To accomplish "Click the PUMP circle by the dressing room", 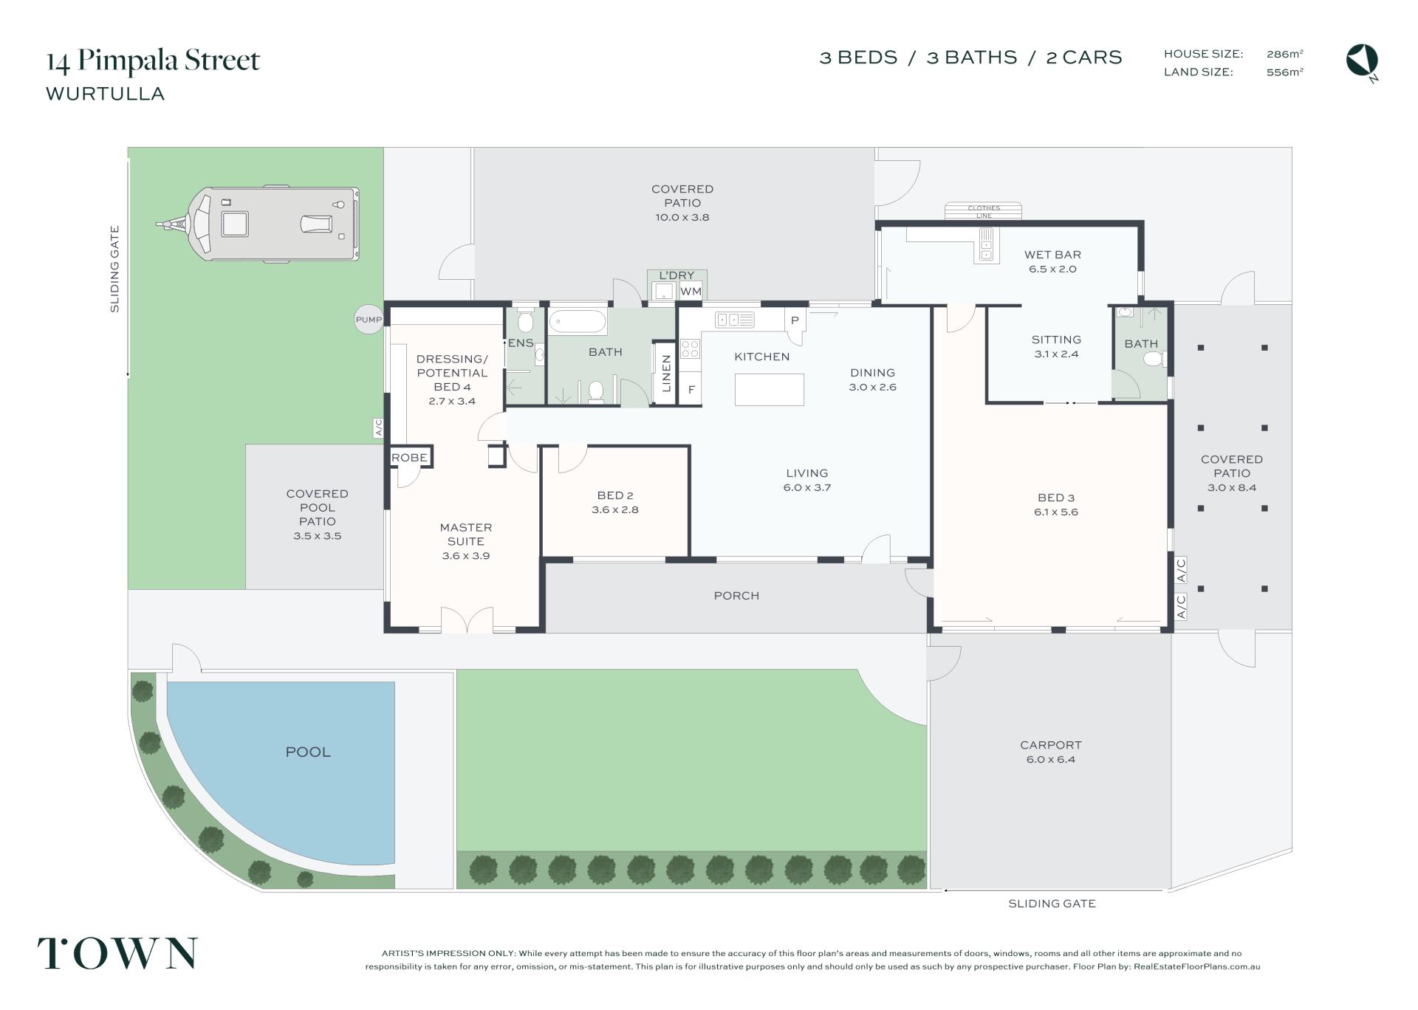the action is pos(369,320).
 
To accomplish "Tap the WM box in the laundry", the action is pos(691,292).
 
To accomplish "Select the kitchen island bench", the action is pos(769,389).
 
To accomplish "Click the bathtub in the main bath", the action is pos(578,323).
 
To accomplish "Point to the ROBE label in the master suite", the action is pos(409,458).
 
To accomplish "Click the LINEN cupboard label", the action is pos(666,374).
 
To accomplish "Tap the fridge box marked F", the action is pos(691,390).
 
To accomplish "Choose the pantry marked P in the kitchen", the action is pos(795,321).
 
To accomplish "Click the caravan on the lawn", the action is pos(258,224).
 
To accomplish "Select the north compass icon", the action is pos(1362,61).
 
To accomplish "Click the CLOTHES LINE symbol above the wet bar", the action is pos(984,212).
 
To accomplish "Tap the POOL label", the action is pos(308,752).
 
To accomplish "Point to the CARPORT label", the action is pos(1050,745).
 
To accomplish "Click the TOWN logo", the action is pos(118,952).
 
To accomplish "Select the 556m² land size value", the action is pos(1285,72).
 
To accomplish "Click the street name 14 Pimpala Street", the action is pos(154,61).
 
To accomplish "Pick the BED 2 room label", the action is pos(615,495).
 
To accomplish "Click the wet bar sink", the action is pos(987,244).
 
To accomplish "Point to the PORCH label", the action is pos(736,596).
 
